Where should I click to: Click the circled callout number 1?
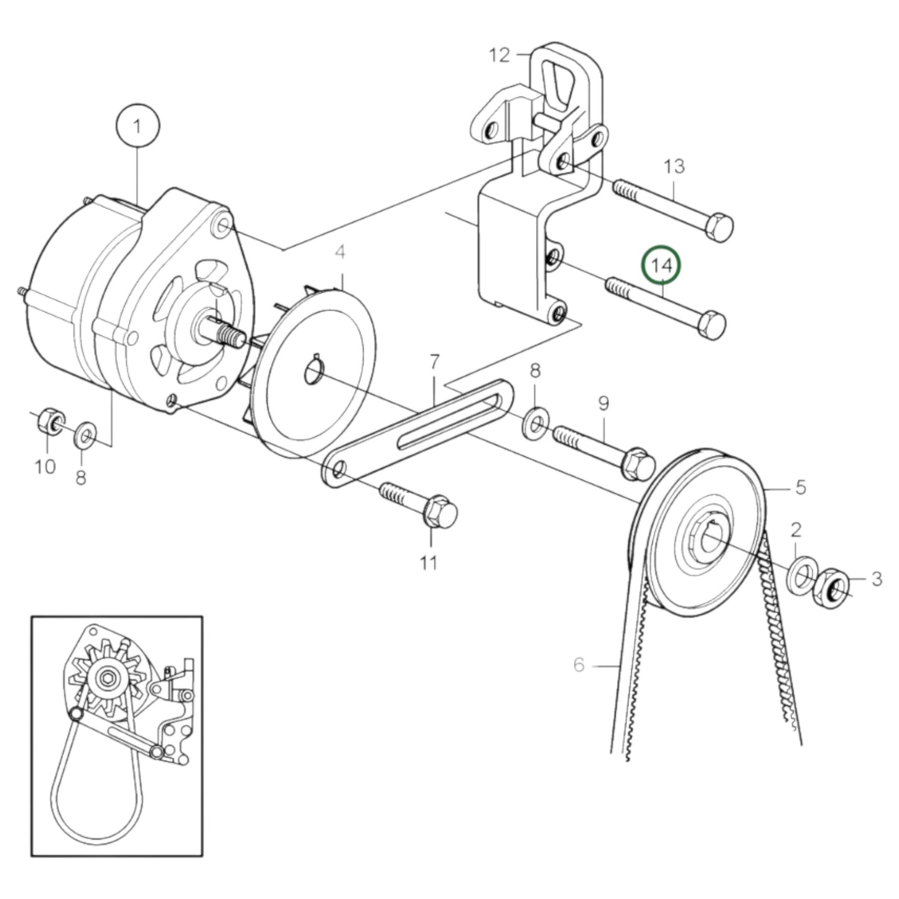(137, 126)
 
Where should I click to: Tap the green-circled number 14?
(661, 266)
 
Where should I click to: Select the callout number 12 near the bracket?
(500, 55)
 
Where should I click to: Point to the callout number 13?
(674, 166)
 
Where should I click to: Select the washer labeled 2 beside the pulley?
(803, 575)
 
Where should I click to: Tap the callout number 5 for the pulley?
(800, 487)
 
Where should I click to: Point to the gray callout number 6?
(579, 665)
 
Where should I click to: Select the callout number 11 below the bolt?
(428, 562)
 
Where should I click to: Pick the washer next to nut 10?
(84, 435)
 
